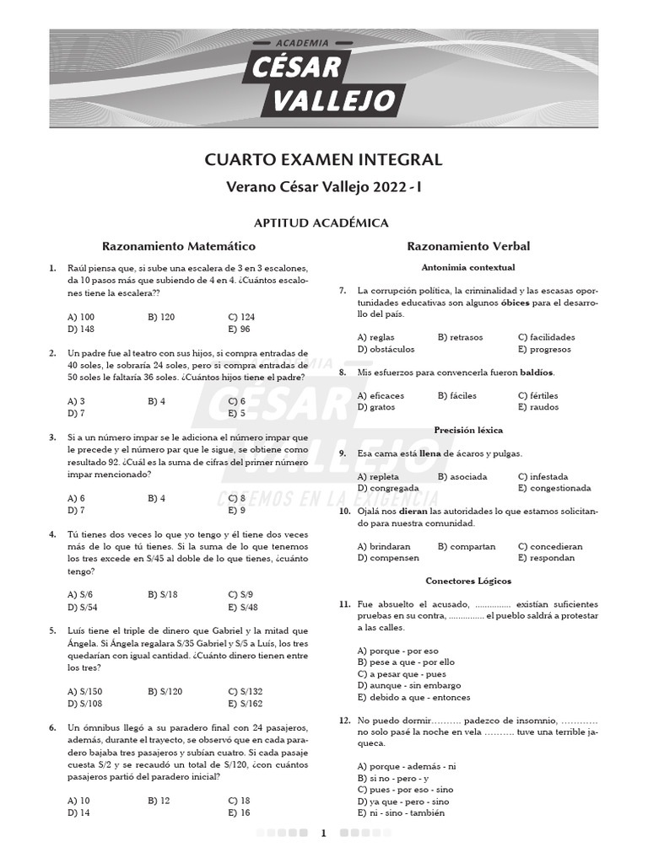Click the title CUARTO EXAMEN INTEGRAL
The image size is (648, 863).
coord(323,160)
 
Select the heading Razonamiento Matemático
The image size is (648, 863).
coord(178,246)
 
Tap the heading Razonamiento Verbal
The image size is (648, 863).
coord(468,246)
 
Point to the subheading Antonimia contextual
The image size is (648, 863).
coord(468,267)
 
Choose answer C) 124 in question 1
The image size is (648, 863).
coord(241,317)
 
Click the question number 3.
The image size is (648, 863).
coord(53,437)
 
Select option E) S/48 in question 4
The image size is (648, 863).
coord(243,607)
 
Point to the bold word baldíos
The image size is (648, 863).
coord(537,372)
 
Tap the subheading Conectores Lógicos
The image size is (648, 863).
coord(468,581)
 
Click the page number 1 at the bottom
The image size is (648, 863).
coord(323,834)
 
